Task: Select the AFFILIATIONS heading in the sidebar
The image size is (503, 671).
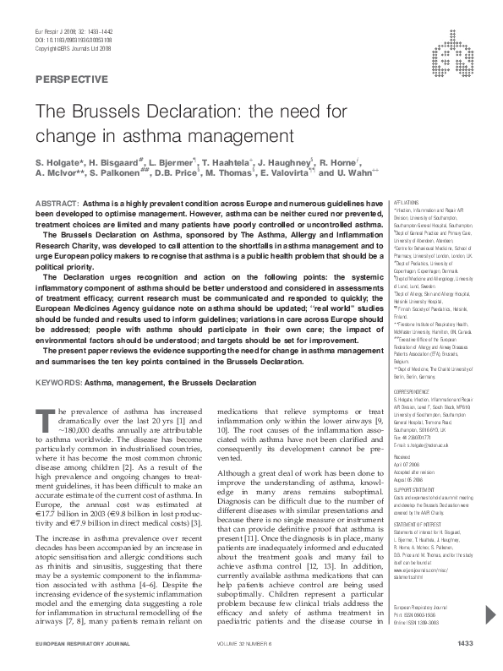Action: [x=409, y=204]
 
